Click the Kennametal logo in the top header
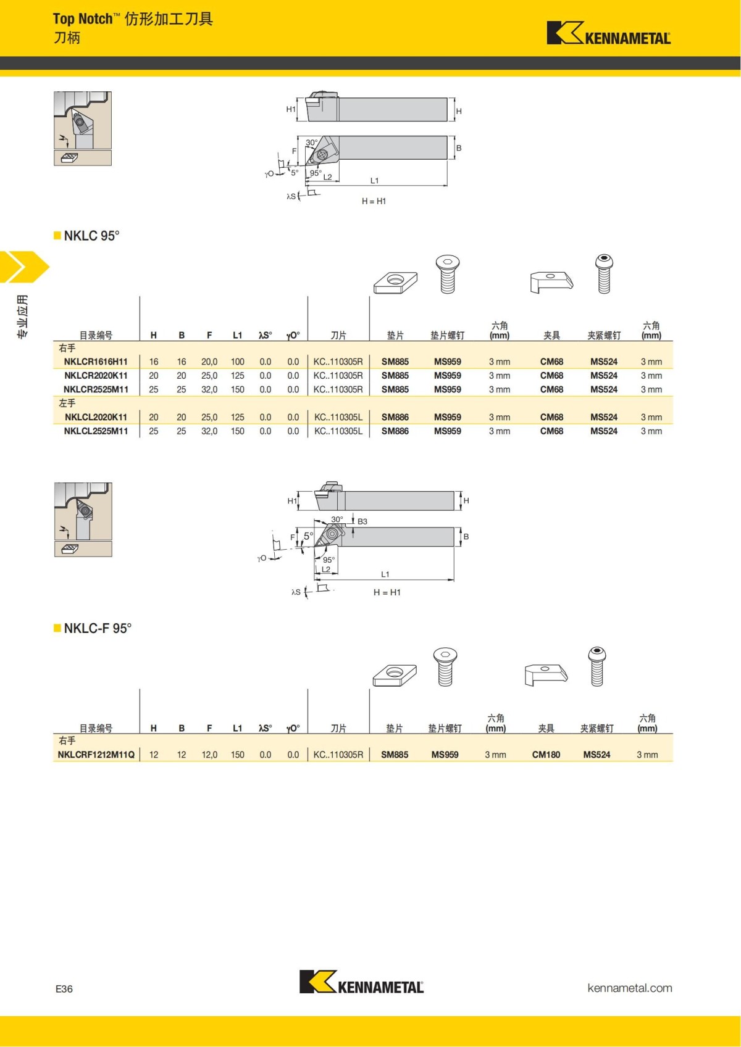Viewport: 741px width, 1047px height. point(608,34)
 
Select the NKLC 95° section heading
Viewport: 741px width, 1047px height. point(91,236)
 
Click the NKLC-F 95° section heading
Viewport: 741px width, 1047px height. point(98,628)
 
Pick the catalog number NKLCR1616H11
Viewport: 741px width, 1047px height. point(96,362)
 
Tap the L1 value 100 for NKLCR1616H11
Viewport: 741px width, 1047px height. point(237,362)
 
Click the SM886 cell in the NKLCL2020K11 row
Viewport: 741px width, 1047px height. point(395,417)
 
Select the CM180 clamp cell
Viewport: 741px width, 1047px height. point(546,755)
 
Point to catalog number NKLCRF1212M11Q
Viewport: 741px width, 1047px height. point(96,755)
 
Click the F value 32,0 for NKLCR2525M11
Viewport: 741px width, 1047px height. point(209,389)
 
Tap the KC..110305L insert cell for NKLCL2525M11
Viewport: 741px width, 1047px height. point(338,431)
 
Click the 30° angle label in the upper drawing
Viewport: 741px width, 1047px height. point(312,143)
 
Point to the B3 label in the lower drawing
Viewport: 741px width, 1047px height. point(362,521)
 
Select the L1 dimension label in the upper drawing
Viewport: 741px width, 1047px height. point(374,181)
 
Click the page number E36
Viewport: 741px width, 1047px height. point(64,989)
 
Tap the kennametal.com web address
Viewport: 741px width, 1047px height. point(629,988)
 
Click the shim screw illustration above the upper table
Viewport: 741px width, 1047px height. point(447,274)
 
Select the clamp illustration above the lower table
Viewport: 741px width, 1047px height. point(545,674)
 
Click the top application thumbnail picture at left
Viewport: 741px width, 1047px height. point(83,120)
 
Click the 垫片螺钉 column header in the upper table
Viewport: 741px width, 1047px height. point(447,335)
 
